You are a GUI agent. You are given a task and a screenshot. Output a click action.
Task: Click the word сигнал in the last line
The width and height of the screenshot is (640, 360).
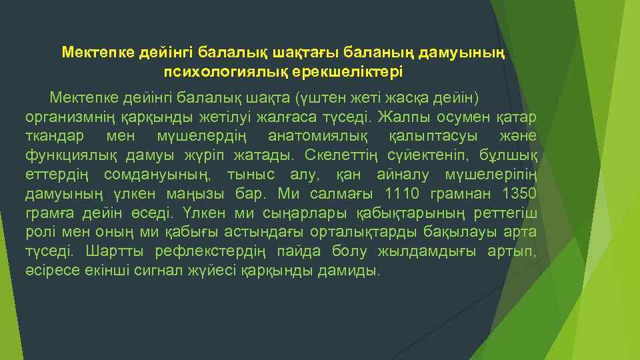pyautogui.click(x=162, y=271)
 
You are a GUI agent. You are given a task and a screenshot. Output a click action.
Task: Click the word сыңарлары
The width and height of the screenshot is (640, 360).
pyautogui.click(x=311, y=213)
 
